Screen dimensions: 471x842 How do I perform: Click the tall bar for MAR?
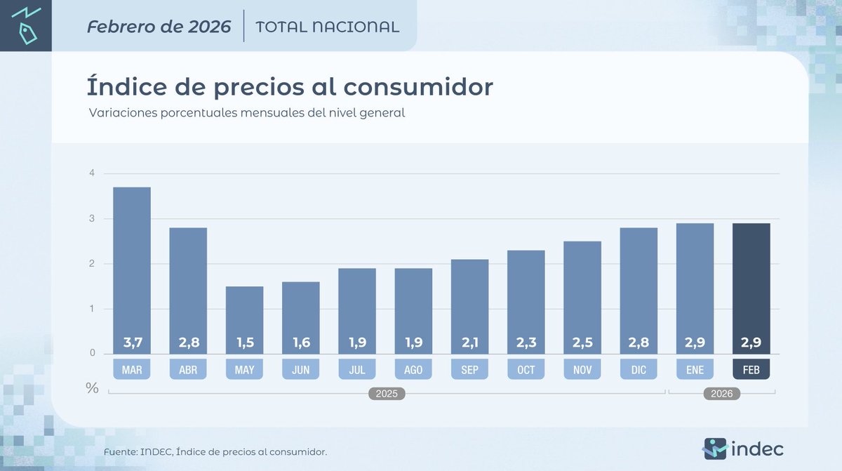click(x=131, y=270)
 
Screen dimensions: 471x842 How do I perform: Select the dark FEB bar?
click(x=751, y=288)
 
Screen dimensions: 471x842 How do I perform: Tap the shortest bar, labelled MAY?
click(x=244, y=319)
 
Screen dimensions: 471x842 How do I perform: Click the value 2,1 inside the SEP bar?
click(x=469, y=344)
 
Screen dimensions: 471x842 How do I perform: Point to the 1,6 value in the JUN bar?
click(x=300, y=344)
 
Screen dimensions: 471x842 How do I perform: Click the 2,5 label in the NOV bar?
click(x=582, y=344)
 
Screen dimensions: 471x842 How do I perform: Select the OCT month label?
click(x=526, y=369)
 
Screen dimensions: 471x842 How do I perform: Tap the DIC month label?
click(x=638, y=369)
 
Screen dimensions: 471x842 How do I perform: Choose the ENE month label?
click(x=695, y=369)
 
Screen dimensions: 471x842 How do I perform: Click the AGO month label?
click(x=413, y=369)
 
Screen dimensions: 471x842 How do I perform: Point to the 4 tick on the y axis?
click(x=91, y=173)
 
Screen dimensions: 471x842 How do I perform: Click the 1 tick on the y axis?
click(x=91, y=309)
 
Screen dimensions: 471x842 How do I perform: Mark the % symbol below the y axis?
click(x=92, y=388)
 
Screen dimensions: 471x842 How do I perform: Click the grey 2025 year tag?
click(x=387, y=394)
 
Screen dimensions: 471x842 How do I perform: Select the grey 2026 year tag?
click(x=721, y=394)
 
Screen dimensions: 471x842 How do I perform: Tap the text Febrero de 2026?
click(x=159, y=27)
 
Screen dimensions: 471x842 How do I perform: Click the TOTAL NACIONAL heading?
click(x=328, y=27)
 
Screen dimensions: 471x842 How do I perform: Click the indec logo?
click(x=743, y=448)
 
